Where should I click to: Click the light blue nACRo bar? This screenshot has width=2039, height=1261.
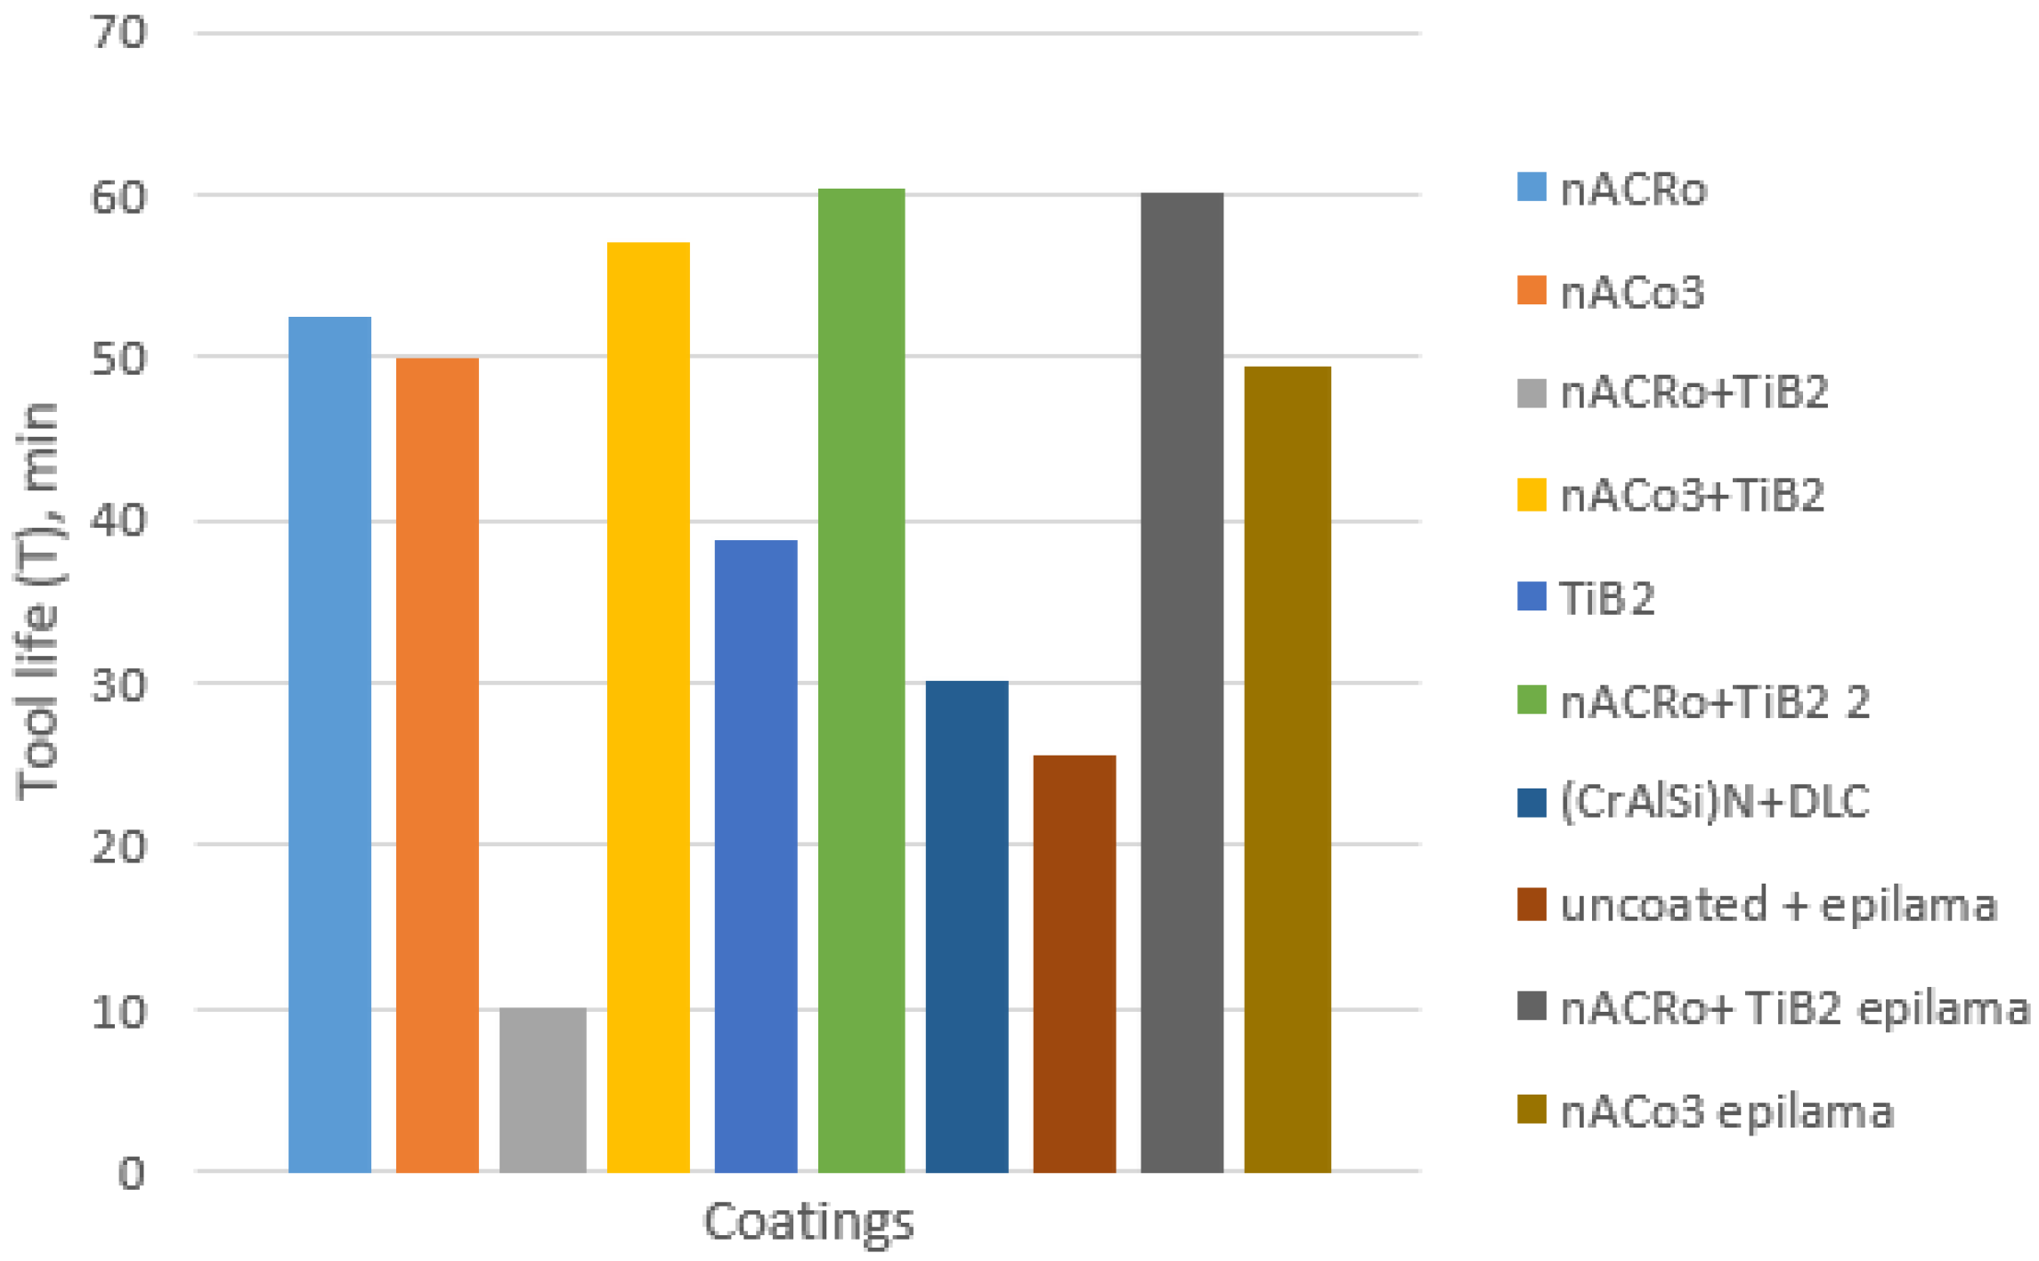pos(329,744)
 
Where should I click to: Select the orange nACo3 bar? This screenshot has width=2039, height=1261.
pos(437,764)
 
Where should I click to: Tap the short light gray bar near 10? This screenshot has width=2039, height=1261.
pos(543,1089)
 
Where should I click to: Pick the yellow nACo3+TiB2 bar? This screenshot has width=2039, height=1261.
pos(648,707)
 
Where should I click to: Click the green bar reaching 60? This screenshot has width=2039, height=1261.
pos(861,680)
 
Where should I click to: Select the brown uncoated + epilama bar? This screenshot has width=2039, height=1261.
pos(1074,963)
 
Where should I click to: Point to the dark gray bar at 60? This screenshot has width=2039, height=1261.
pos(1182,682)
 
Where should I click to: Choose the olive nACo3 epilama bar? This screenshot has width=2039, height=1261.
pos(1287,769)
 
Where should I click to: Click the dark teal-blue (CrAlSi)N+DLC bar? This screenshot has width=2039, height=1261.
pos(967,926)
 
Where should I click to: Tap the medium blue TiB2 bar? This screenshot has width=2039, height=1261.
pos(755,855)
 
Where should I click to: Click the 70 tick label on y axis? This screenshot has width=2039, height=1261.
pos(118,33)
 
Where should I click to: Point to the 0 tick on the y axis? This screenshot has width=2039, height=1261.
pos(131,1173)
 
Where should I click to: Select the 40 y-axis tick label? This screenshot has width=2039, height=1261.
pos(118,521)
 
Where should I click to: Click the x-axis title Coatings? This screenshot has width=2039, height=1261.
pos(808,1221)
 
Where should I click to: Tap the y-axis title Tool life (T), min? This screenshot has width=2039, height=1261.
pos(37,602)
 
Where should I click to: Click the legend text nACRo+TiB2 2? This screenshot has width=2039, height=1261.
pos(1715,702)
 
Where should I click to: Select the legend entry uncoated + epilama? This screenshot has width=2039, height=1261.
pos(1778,905)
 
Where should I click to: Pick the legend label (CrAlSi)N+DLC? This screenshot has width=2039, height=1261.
pos(1714,801)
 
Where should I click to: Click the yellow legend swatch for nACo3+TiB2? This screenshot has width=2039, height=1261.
pos(1531,495)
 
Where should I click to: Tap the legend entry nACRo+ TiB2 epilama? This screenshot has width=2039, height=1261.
pos(1794,1008)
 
